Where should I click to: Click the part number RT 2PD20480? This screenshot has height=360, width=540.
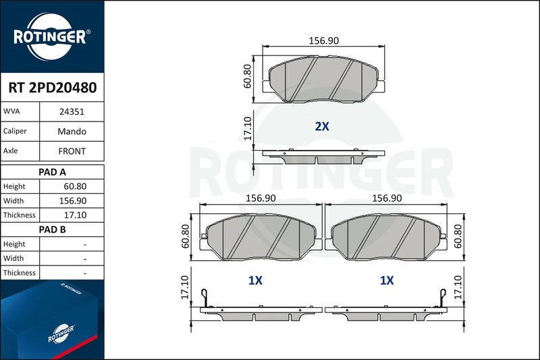tap(53, 88)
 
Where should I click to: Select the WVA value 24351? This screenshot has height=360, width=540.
tap(72, 111)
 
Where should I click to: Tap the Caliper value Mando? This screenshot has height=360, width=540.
tap(72, 131)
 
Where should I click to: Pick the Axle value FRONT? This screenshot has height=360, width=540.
tap(72, 151)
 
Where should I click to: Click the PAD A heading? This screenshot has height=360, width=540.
tap(52, 172)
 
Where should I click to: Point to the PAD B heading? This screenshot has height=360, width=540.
tap(52, 230)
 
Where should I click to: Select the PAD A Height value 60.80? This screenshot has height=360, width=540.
tap(75, 186)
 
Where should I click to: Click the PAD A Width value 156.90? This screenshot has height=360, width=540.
tap(73, 201)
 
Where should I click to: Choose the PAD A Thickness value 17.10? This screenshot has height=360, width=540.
tap(75, 215)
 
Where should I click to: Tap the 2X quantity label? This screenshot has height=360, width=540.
tap(322, 126)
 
